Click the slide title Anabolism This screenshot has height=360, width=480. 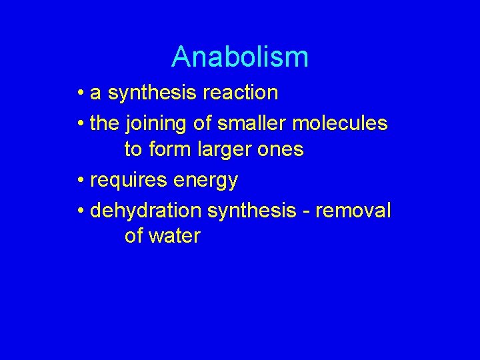point(240,57)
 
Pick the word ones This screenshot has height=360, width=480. point(279,150)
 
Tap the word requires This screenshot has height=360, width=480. point(129,181)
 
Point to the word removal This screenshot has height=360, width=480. point(353,211)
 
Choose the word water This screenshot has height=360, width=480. point(175,236)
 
